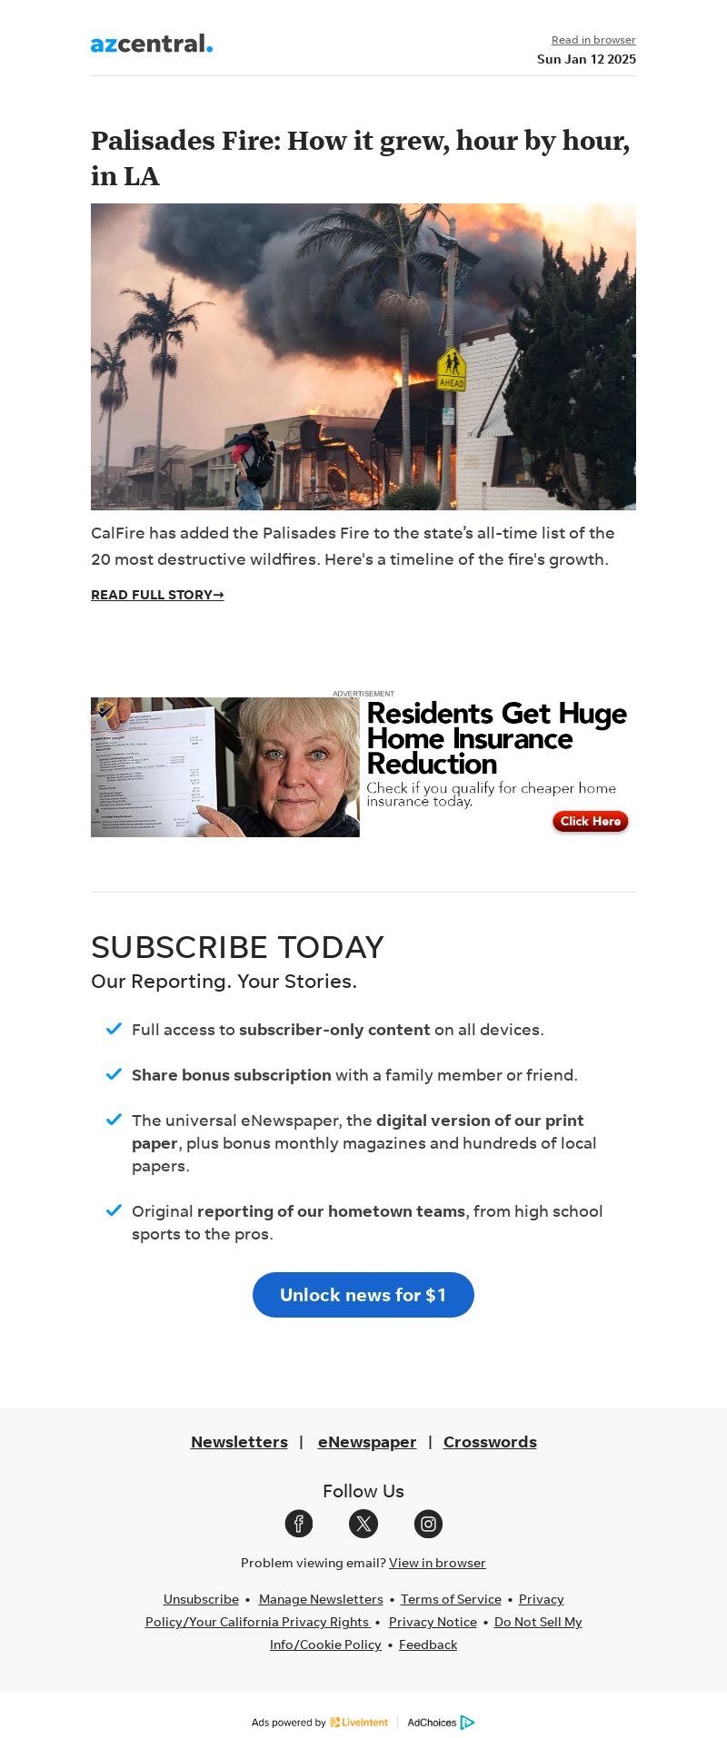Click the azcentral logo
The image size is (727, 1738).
pos(152,44)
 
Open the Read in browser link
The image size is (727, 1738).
pos(593,40)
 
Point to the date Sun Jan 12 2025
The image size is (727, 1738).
pos(586,59)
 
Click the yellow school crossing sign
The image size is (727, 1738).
pos(452,369)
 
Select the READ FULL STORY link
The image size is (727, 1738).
pos(157,595)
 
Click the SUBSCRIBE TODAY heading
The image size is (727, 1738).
pos(237,947)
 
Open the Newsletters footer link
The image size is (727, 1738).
pos(239,1442)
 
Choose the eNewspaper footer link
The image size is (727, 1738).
pos(367,1442)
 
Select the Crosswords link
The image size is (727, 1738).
pos(490,1442)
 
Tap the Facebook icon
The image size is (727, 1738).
pos(299,1524)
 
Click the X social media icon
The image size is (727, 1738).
pos(363,1524)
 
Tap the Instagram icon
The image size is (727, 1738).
pos(428,1524)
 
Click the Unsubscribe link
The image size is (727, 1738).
pos(201,1599)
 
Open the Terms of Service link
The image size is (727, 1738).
pos(451,1599)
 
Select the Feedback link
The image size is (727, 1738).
pos(428,1644)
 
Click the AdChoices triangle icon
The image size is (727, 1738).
pos(467,1723)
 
